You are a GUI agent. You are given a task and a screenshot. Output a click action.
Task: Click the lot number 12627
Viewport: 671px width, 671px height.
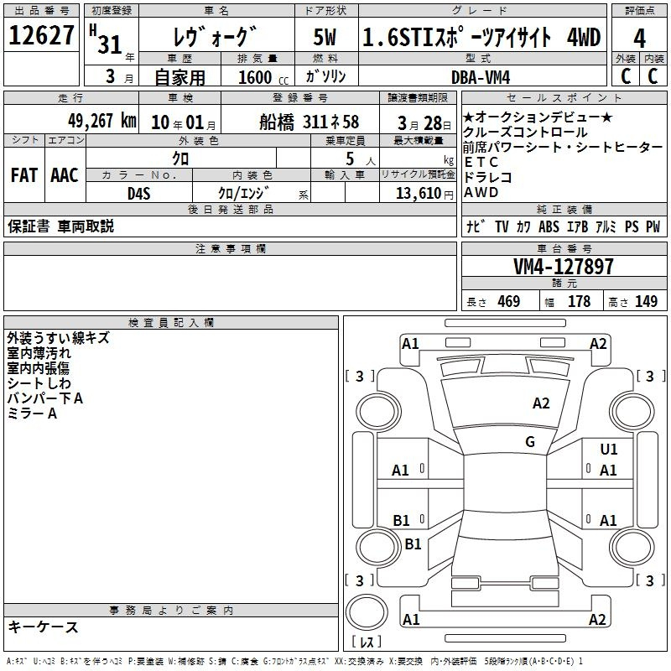coord(41,35)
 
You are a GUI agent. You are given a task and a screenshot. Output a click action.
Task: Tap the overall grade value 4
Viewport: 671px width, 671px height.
coord(639,39)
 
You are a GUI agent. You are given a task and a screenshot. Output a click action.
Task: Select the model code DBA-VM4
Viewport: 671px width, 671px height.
coord(481,77)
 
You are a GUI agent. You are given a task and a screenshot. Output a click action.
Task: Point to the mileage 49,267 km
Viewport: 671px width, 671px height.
coord(102,121)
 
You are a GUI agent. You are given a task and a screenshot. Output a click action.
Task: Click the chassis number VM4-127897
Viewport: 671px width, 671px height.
coord(564,266)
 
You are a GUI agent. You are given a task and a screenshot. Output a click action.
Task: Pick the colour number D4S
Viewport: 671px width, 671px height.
coord(139,194)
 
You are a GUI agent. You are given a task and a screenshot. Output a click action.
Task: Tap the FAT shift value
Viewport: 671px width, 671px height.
coord(24,175)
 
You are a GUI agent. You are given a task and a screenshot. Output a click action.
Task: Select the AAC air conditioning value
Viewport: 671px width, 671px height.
coord(65,175)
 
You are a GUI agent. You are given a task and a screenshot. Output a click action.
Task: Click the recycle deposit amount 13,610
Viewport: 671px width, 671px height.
coord(419,193)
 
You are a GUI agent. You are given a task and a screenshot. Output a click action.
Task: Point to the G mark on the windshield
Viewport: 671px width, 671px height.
coord(530,441)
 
